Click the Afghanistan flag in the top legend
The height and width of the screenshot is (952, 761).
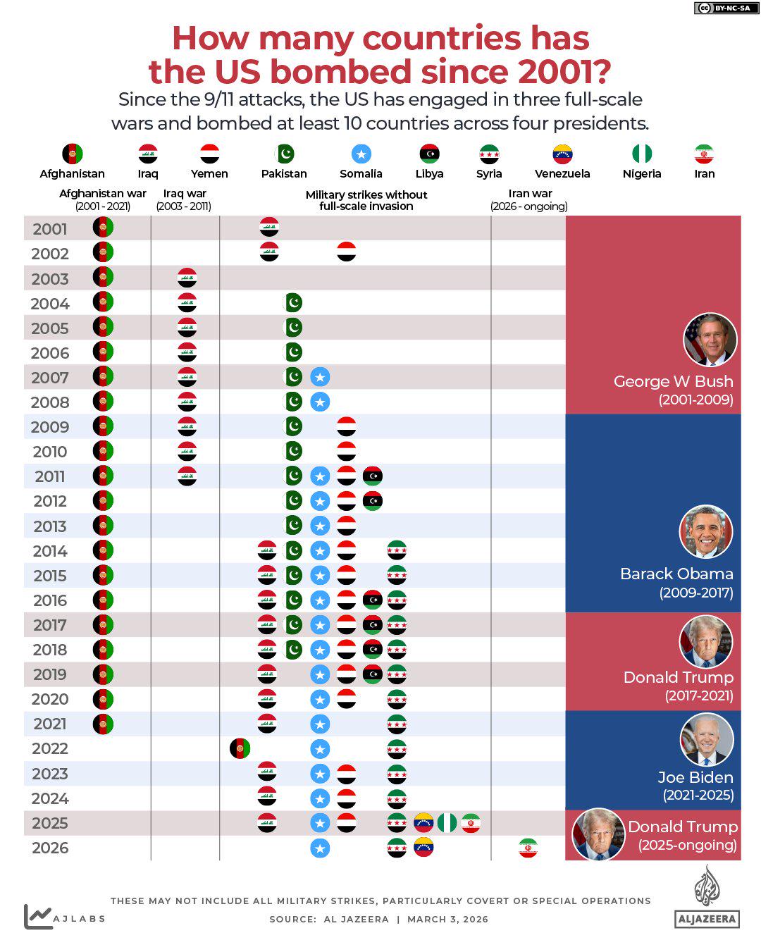point(73,154)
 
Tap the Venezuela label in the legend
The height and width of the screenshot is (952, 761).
point(562,174)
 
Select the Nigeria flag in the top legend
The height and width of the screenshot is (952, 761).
point(642,154)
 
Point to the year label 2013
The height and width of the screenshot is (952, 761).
point(50,526)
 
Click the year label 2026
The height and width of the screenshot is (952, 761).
point(50,848)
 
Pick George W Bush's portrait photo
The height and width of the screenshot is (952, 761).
point(710,340)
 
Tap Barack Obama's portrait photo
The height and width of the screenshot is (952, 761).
point(706,532)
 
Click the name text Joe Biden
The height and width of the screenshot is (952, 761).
point(695,777)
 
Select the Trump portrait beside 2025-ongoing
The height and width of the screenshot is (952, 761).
point(598,834)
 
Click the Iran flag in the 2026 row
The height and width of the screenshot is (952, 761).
point(528,848)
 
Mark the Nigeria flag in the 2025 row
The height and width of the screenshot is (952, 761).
point(447,822)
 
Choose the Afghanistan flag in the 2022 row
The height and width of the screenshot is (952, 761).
point(240,748)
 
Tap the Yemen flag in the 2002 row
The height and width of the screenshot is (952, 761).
point(346,252)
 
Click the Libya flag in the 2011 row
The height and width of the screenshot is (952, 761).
point(373,476)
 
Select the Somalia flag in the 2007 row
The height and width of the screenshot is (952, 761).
point(320,377)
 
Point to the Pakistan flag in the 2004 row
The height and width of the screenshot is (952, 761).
point(292,303)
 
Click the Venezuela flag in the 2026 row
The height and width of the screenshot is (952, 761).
point(423,847)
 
